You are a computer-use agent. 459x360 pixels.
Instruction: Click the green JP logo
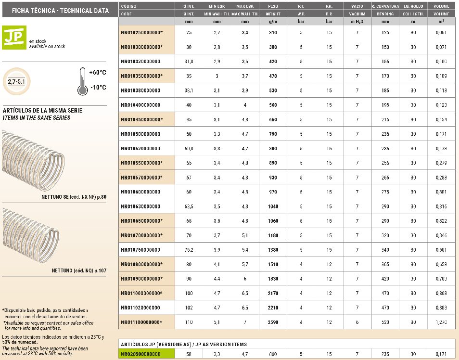(14, 38)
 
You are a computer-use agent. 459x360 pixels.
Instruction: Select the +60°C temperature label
(98, 73)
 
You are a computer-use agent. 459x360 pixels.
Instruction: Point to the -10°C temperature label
(98, 88)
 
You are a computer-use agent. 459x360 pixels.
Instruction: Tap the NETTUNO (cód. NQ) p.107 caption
(79, 270)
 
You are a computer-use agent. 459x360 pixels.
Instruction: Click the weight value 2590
(272, 322)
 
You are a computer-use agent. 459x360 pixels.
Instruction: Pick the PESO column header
(272, 6)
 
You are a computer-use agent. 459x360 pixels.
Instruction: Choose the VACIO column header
(357, 6)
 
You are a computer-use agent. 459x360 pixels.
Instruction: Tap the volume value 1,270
(441, 322)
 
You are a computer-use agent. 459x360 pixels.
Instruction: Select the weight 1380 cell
(272, 250)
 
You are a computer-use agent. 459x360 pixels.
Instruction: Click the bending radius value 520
(385, 322)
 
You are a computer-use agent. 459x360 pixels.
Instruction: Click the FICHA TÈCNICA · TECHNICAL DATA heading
(53, 10)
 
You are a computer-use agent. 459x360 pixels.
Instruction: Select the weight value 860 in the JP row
(272, 354)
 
